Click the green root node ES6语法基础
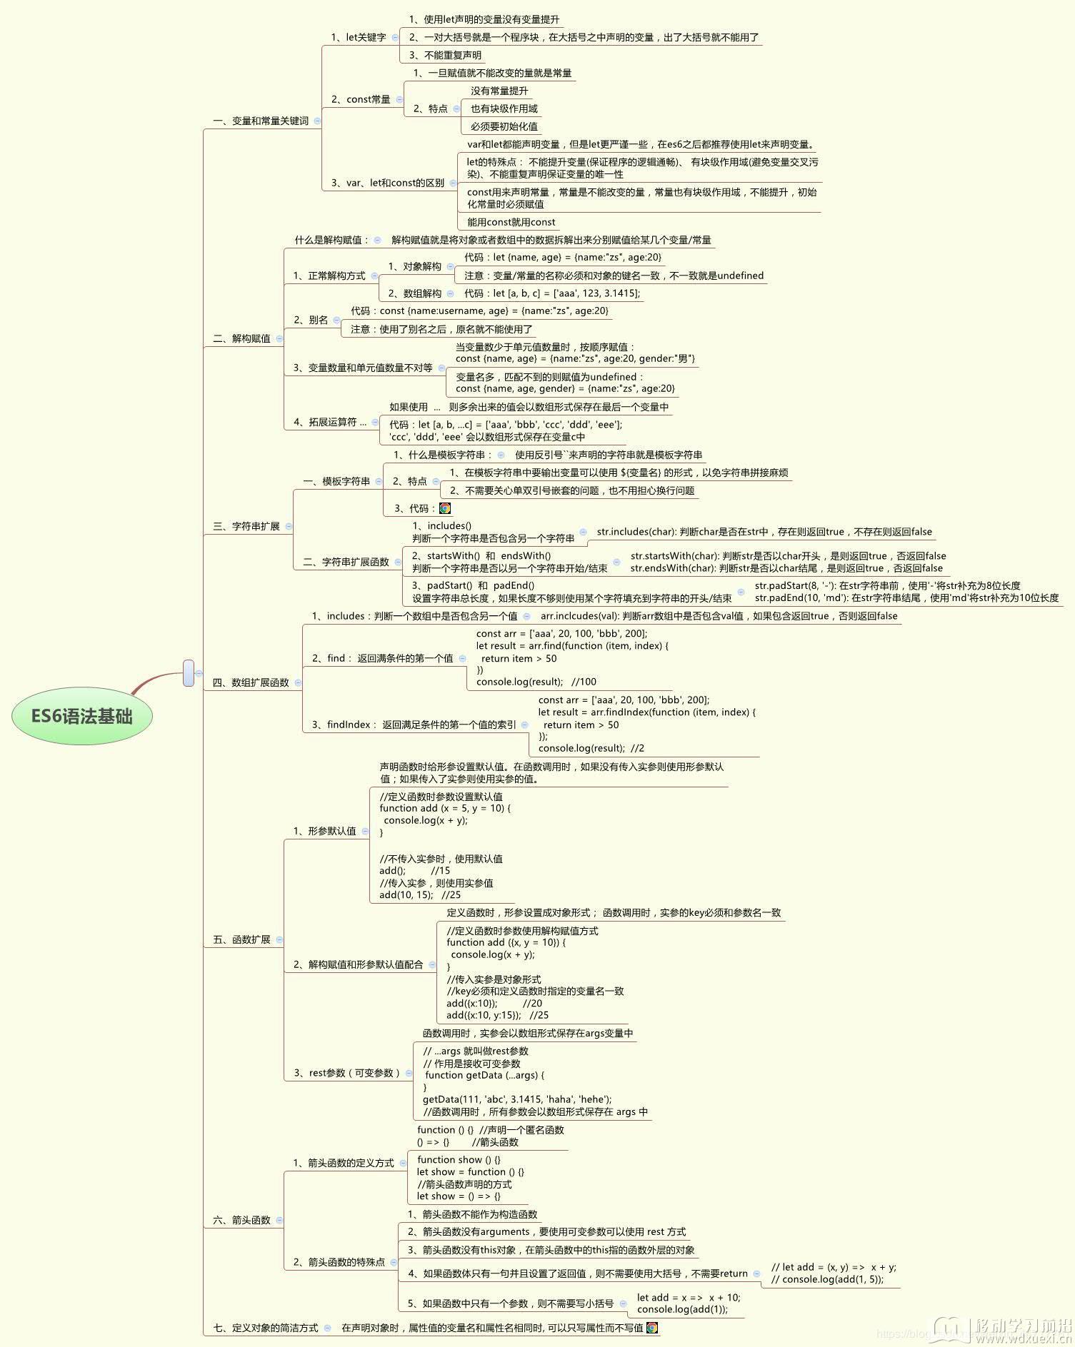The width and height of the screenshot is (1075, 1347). point(82,716)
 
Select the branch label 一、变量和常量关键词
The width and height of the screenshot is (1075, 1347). point(261,121)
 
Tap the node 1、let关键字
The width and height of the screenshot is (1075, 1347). point(358,37)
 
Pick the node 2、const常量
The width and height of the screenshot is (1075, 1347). point(361,99)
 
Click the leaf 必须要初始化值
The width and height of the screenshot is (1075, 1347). point(504,126)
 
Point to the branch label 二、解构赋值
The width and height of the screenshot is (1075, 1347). point(241,338)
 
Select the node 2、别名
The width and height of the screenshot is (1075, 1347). point(311,320)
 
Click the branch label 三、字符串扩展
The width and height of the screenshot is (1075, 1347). point(246,526)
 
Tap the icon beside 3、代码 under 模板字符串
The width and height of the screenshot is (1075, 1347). point(445,508)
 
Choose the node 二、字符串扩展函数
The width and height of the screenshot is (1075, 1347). point(346,562)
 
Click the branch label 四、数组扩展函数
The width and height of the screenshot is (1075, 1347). point(251,682)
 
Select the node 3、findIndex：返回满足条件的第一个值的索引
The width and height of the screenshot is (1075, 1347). point(414,725)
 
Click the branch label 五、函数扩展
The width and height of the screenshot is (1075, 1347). point(241,939)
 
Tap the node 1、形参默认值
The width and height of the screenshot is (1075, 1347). point(324,831)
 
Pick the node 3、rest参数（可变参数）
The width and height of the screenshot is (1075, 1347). point(346,1073)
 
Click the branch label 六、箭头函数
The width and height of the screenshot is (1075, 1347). point(241,1220)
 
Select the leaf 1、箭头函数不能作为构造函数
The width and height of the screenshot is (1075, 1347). point(472,1214)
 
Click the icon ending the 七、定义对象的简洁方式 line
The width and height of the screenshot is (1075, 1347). point(651,1328)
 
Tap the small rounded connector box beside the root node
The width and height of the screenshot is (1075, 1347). point(189,673)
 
